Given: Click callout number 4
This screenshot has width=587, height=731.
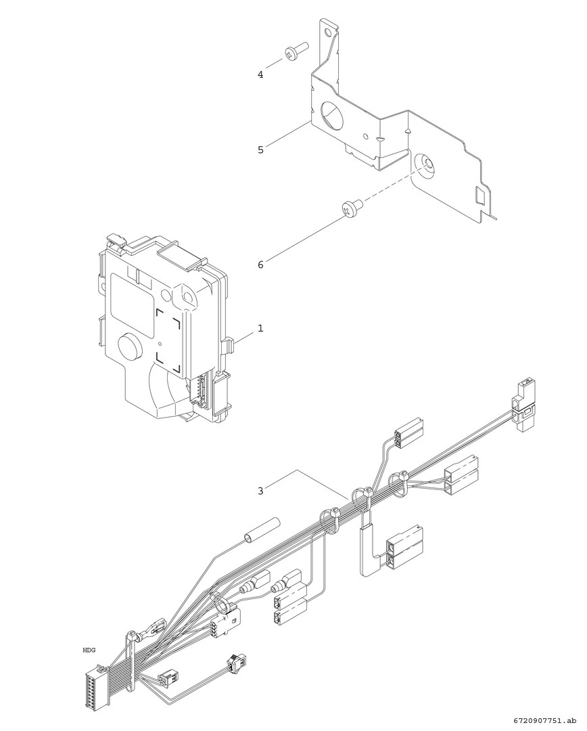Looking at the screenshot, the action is click(x=260, y=74).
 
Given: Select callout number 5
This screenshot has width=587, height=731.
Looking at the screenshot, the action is click(x=260, y=150).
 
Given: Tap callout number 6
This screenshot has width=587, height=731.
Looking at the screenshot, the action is click(x=260, y=265).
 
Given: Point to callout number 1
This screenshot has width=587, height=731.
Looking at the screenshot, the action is click(x=260, y=328).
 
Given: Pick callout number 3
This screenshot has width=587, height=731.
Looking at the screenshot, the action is click(x=260, y=491).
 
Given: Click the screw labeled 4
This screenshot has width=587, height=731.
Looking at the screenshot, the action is click(x=296, y=51).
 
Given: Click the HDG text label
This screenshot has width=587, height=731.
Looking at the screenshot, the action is click(x=89, y=650).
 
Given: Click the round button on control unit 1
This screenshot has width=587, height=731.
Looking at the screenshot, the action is click(x=130, y=345).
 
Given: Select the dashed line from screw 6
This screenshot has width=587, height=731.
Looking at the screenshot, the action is click(x=395, y=183).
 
